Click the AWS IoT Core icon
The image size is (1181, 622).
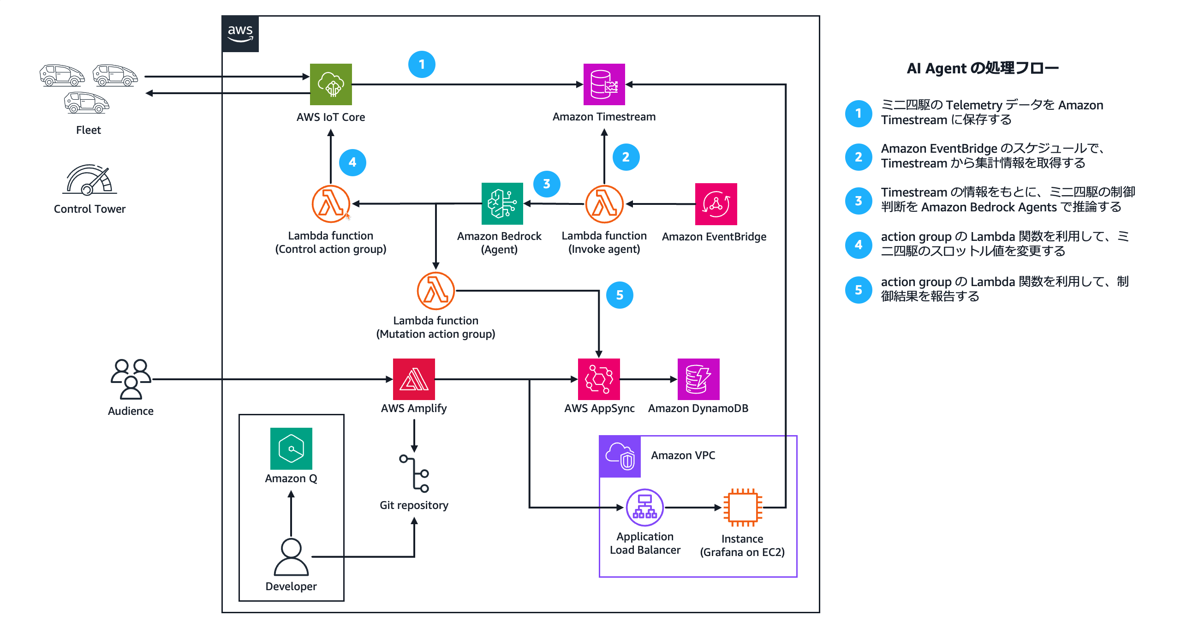331,84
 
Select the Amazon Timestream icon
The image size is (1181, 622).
604,84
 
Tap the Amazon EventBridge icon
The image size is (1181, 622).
716,204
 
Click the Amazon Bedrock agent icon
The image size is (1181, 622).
502,203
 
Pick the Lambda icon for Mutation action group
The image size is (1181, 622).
435,291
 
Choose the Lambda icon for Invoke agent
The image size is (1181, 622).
604,204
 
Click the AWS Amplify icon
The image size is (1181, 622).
414,379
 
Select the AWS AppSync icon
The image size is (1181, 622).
599,379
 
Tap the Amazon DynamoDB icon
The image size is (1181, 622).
698,379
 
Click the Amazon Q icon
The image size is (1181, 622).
291,449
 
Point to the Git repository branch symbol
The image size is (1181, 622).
414,473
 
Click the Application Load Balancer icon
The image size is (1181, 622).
644,508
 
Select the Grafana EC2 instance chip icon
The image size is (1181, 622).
742,508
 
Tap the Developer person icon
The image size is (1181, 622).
291,557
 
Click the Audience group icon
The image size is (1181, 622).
131,379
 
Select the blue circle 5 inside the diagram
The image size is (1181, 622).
619,295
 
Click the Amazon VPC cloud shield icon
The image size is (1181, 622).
620,456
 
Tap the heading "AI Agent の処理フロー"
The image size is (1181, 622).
982,68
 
